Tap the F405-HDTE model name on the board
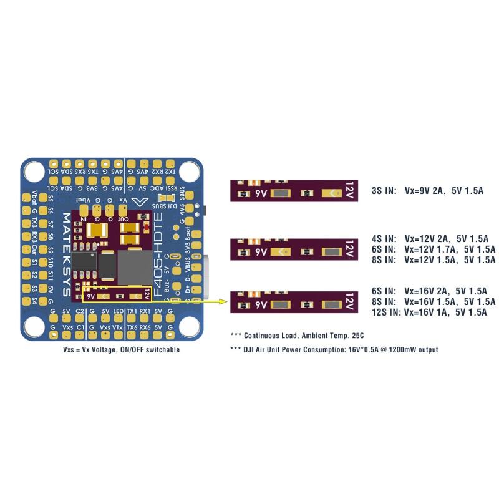tap(161, 249)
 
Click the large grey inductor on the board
tap(135, 266)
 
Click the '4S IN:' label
tap(382, 238)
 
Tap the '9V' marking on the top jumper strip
tap(261, 193)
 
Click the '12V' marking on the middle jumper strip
tap(349, 251)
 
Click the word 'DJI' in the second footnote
tap(251, 350)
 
